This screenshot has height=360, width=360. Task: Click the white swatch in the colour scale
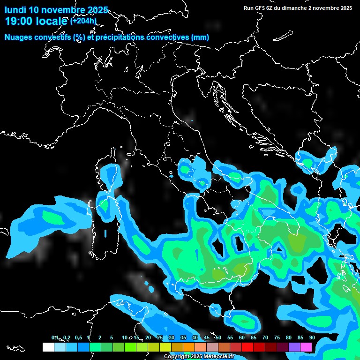(48, 347)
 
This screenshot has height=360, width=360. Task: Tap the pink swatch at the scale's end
(306, 347)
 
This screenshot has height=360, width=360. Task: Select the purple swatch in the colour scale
(294, 347)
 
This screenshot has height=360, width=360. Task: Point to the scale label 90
(312, 337)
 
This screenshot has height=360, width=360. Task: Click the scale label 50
(218, 337)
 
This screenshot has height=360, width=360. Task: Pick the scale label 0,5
(78, 337)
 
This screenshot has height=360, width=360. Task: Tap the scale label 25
(159, 337)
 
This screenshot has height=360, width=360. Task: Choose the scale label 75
(277, 337)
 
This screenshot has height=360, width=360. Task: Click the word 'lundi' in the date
(16, 10)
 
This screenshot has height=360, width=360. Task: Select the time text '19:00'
(19, 21)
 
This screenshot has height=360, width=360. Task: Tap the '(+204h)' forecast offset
(83, 21)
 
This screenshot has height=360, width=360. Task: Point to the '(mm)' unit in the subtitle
(200, 37)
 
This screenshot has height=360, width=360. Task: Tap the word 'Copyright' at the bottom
(177, 357)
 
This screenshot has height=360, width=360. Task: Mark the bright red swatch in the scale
(247, 347)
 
